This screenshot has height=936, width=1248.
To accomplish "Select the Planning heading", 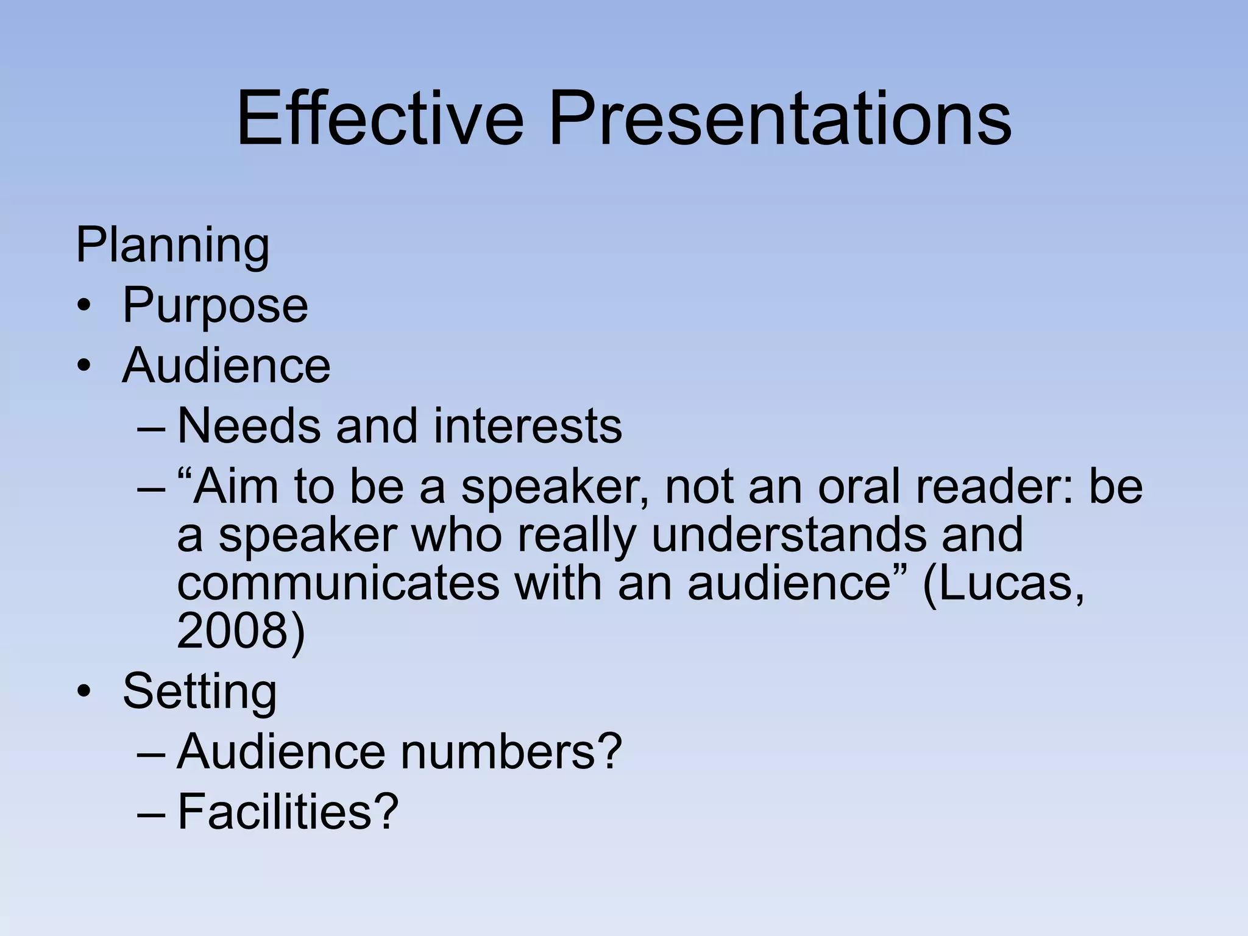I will click(x=172, y=245).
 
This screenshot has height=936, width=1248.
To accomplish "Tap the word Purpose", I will click(x=215, y=305).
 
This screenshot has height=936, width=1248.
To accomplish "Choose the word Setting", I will click(x=199, y=691).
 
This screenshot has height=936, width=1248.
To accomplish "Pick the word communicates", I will click(x=338, y=583).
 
